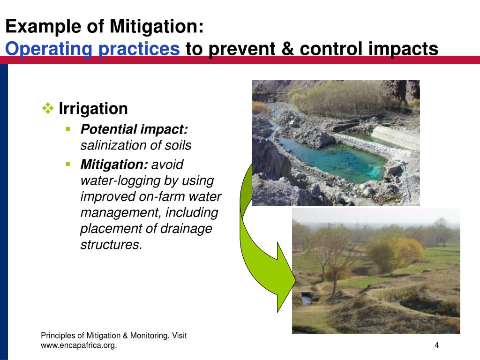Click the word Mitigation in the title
tap(157, 27)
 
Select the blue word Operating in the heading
tap(48, 49)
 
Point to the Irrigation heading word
tap(93, 109)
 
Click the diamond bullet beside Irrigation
tap(48, 108)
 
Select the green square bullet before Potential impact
tap(68, 129)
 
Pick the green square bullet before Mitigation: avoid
tap(68, 165)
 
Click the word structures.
tap(112, 245)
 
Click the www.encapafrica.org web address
tap(79, 345)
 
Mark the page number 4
tap(437, 345)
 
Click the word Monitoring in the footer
tap(150, 336)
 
